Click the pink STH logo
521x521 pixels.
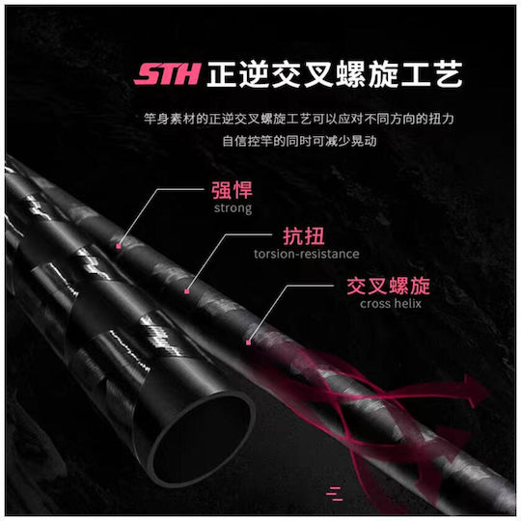(x=167, y=73)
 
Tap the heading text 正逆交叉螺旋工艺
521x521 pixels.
(x=334, y=74)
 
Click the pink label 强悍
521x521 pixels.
(x=232, y=190)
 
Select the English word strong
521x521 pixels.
(x=233, y=208)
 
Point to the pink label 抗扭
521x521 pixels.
(x=303, y=236)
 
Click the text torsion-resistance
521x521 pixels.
(x=307, y=254)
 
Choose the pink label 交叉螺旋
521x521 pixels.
(x=389, y=286)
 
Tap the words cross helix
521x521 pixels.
(x=391, y=303)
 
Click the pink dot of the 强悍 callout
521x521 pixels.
(x=119, y=246)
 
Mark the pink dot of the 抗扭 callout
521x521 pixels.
(x=187, y=291)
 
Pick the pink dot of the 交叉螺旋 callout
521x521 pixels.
(x=248, y=343)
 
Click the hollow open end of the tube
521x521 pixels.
(x=200, y=438)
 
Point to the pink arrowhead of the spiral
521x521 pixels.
(x=476, y=391)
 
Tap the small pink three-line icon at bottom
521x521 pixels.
(x=334, y=493)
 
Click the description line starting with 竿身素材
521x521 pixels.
(x=299, y=119)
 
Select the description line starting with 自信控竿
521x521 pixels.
(x=299, y=141)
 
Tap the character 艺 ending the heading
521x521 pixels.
(x=449, y=74)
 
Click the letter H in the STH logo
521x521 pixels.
(x=188, y=73)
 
